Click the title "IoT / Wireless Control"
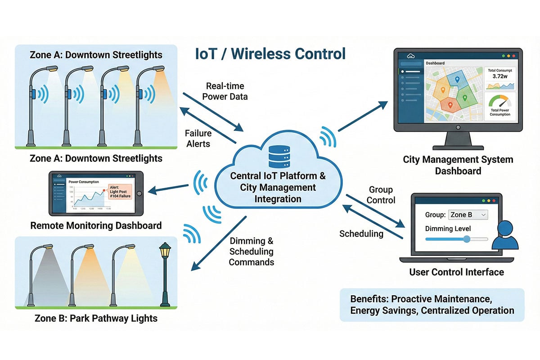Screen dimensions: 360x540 [x=270, y=54]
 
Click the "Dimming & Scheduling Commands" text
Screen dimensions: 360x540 [x=251, y=252]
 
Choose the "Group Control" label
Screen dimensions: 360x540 [x=381, y=195]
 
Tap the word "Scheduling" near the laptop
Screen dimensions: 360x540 [x=361, y=234]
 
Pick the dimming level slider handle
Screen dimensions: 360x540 [x=467, y=239]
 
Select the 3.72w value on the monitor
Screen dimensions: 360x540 [x=500, y=76]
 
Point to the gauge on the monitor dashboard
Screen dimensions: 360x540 [x=500, y=101]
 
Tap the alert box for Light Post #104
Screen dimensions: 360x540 [x=120, y=192]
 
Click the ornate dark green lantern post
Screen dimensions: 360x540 [x=166, y=274]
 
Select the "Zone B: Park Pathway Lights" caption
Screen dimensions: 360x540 [x=96, y=319]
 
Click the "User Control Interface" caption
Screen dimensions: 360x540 [x=456, y=272]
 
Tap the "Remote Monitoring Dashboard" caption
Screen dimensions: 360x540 [x=96, y=225]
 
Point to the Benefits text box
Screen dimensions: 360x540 [x=432, y=305]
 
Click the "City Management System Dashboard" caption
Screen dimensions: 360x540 [x=458, y=165]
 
